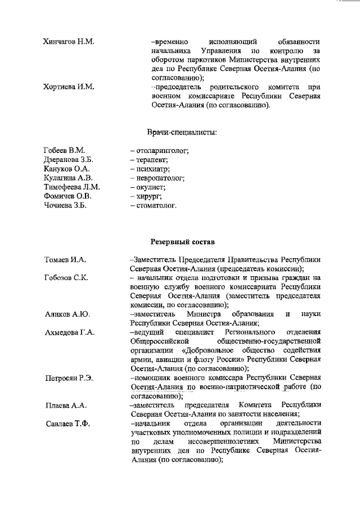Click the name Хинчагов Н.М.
[69, 42]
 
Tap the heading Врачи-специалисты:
[182, 132]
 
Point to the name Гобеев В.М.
[64, 150]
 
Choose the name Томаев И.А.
[65, 260]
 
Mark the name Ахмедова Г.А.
[70, 332]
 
